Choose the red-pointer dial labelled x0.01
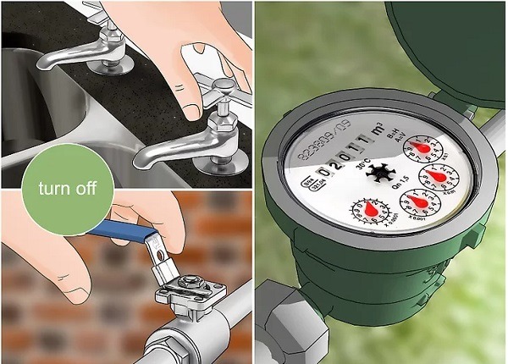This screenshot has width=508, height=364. [x=439, y=176]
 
